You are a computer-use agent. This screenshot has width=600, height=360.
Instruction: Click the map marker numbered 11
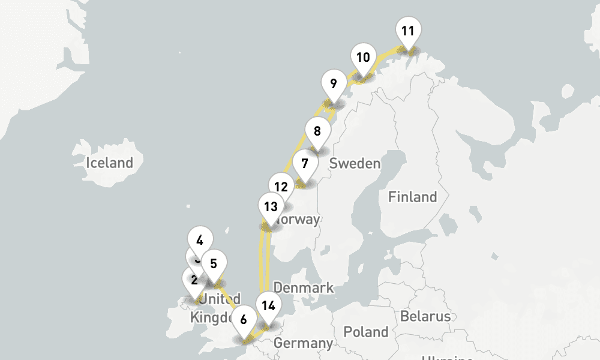408,31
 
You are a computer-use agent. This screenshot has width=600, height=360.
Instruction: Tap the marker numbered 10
362,58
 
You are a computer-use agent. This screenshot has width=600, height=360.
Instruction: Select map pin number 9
333,84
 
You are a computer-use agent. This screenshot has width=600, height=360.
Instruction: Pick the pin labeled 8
317,131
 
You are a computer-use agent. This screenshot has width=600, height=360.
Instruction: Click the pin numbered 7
305,164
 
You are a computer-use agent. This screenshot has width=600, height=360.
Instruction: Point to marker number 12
280,187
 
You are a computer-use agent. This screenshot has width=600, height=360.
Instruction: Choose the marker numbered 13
271,208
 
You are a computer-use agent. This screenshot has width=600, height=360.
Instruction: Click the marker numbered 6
243,320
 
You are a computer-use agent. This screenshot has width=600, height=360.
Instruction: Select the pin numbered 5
214,263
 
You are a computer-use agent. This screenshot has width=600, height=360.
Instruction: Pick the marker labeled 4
200,241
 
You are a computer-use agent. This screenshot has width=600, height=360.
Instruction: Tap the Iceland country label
109,163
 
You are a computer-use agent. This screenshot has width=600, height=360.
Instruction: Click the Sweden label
355,164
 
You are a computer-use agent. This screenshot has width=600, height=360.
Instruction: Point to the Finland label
412,197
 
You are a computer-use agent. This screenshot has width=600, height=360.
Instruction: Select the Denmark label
303,288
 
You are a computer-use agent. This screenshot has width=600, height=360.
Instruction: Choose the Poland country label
366,332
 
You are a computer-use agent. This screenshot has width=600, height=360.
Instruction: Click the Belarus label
425,316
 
